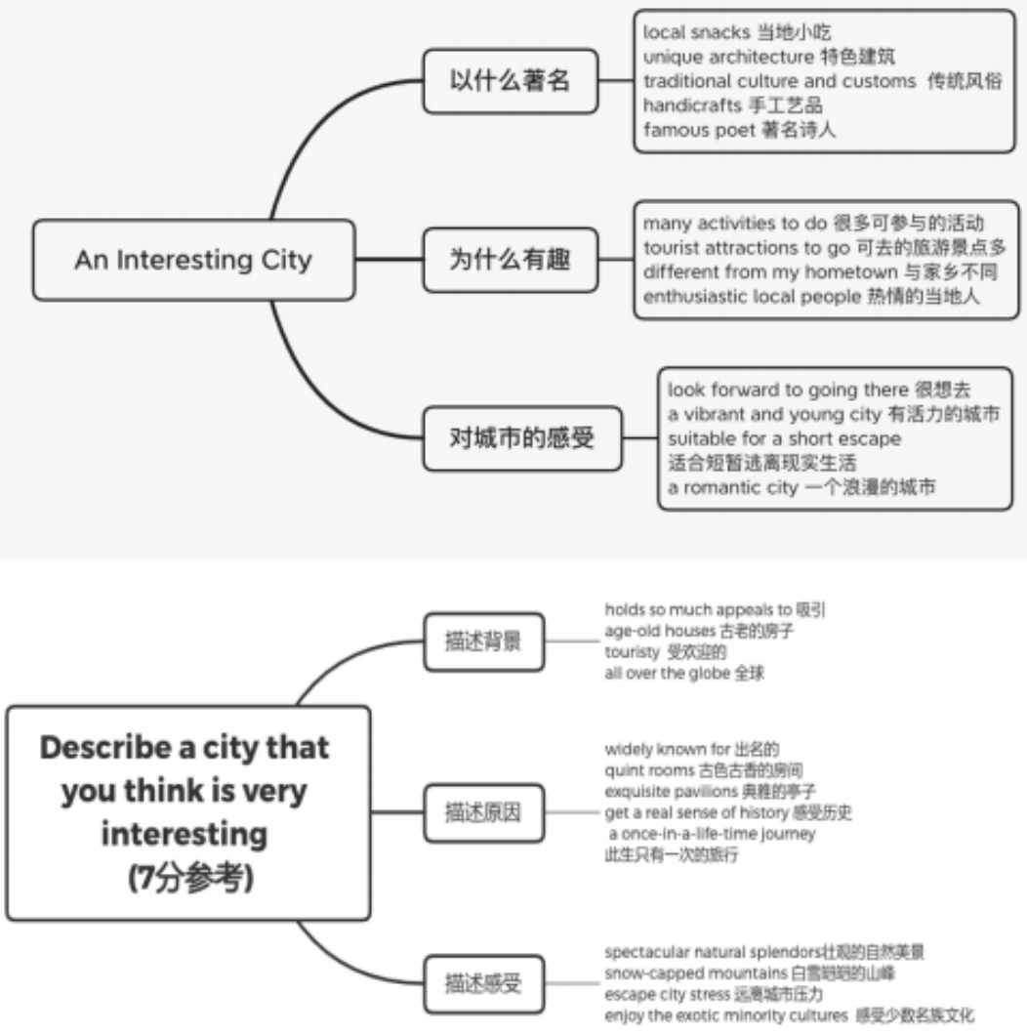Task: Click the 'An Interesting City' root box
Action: coord(193,260)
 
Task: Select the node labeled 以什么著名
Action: coord(509,81)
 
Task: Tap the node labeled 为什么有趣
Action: coord(509,260)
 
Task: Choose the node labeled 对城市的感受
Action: coord(522,437)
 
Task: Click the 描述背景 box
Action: coord(483,641)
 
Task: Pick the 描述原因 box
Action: coord(483,811)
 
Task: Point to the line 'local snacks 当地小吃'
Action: coord(737,32)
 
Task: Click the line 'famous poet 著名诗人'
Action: coord(739,130)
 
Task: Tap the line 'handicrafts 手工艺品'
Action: coord(732,105)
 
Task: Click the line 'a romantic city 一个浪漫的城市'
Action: coord(801,487)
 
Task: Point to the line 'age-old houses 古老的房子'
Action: coord(698,631)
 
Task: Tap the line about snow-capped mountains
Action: coord(749,973)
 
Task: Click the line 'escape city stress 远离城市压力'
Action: coord(714,995)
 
